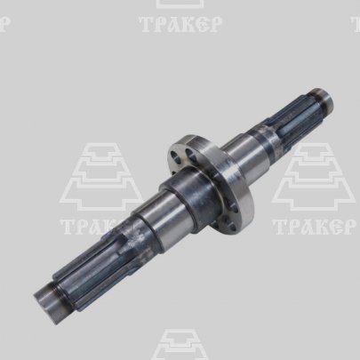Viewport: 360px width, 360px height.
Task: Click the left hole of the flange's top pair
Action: coord(175,156)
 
